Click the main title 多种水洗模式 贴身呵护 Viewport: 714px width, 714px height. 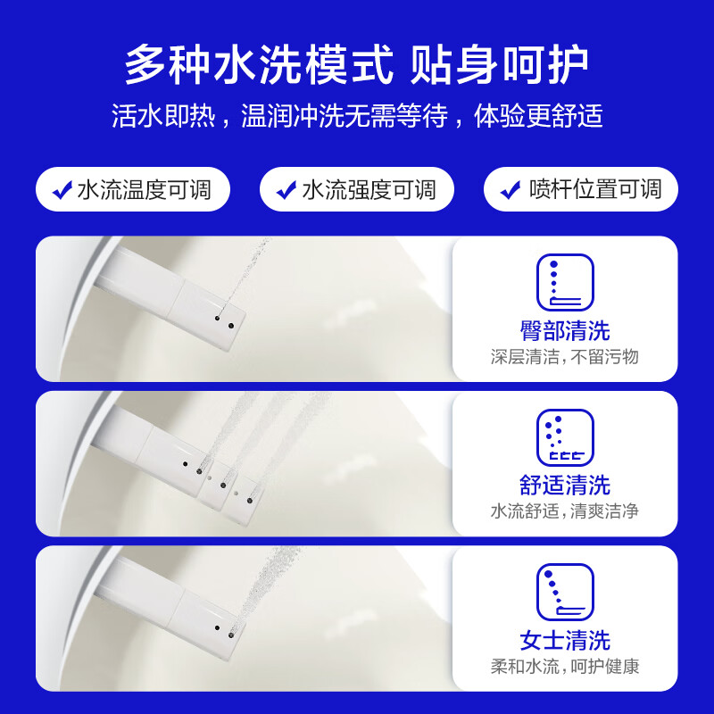coord(357,64)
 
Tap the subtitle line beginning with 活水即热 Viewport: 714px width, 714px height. coord(357,116)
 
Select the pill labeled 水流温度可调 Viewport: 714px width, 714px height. coord(133,190)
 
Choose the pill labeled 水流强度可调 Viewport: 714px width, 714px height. coord(357,190)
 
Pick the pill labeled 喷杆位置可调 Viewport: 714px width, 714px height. coord(581,190)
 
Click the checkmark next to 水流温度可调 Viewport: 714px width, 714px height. coord(62,190)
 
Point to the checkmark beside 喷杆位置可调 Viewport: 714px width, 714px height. coord(511,190)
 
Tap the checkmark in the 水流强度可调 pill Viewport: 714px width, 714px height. coord(286,190)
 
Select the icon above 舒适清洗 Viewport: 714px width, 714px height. coord(564,437)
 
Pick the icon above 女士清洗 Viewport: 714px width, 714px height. coord(564,592)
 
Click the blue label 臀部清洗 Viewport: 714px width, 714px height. coord(564,330)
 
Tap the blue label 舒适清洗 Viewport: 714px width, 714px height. coord(564,485)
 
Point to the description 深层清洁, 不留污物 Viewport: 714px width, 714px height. coord(564,357)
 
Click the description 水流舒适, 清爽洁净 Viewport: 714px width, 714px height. coord(564,511)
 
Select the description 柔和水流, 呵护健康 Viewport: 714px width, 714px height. coord(564,666)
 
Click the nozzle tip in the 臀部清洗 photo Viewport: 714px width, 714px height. coord(225,316)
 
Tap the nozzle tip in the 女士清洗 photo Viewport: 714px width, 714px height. coord(225,627)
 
